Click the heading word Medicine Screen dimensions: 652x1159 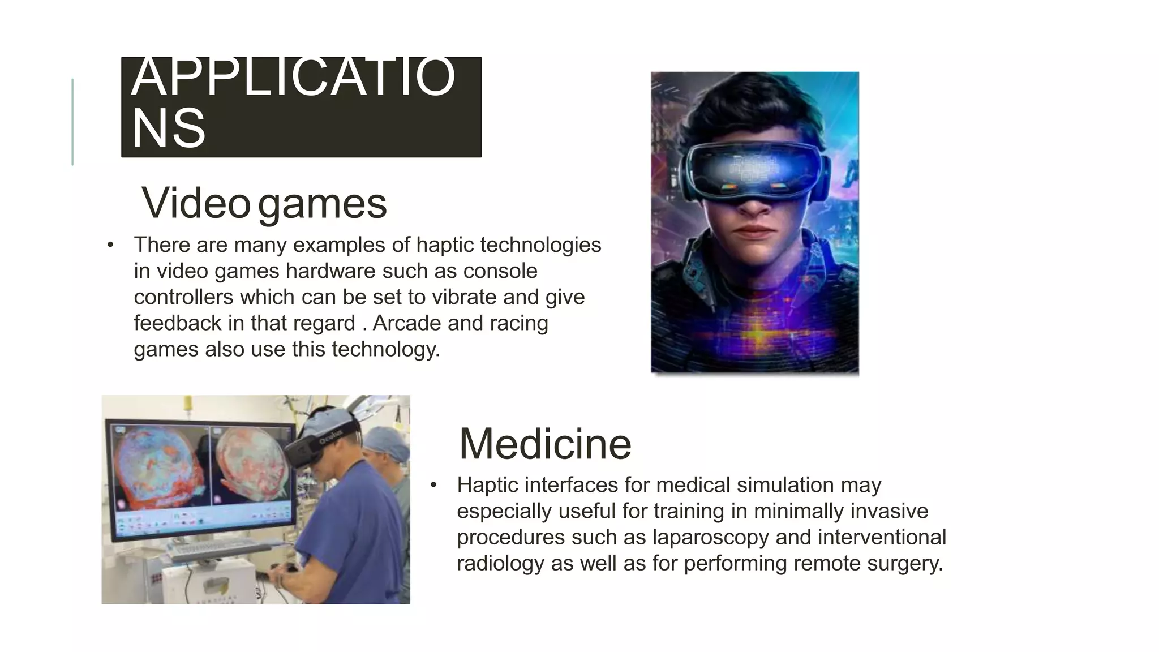point(544,444)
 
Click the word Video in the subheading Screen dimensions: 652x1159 point(195,203)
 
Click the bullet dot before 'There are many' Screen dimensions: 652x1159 point(110,245)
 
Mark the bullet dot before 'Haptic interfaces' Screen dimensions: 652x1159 point(433,485)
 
